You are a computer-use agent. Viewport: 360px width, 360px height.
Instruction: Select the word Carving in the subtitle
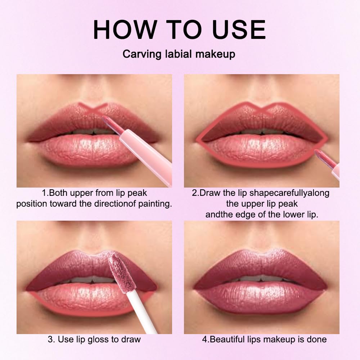pyautogui.click(x=140, y=54)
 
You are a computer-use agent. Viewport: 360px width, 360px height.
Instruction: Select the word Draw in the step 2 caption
pyautogui.click(x=210, y=193)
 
